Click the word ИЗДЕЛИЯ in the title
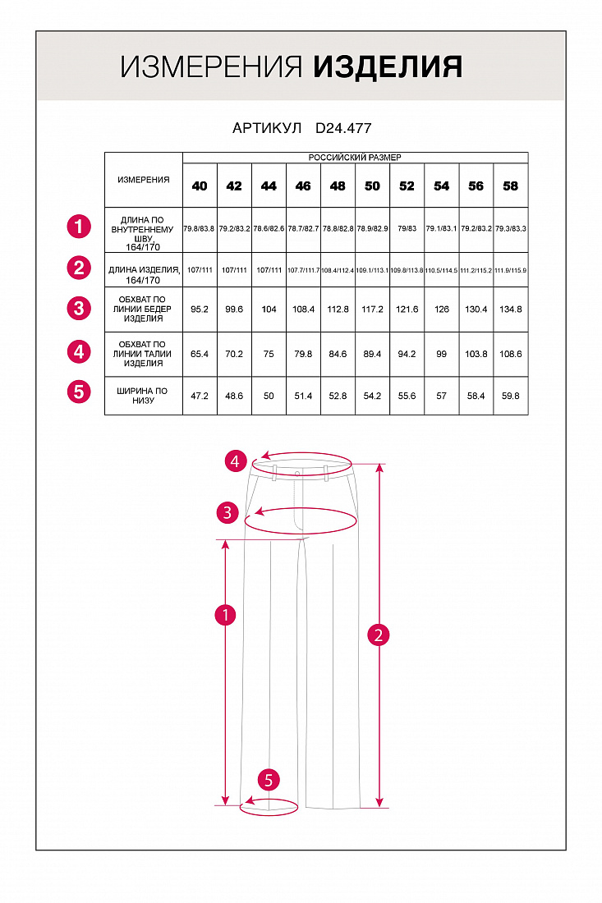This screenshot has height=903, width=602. pos(388,67)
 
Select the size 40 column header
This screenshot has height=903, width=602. pos(200,186)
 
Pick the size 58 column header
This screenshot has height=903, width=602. pos(511,186)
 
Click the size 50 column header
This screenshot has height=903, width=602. pos(372,186)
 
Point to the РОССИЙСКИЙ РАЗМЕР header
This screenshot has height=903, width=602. pos(355,157)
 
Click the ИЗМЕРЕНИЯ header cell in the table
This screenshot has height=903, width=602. pos(144,180)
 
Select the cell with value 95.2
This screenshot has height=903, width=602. pos(200,309)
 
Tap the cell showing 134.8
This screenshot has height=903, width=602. pos(511,309)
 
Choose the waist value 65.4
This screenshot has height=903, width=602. pos(200,354)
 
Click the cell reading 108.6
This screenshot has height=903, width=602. pos(511,354)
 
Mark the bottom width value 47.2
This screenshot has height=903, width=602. pos(200,396)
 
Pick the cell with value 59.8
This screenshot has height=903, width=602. pos(511,396)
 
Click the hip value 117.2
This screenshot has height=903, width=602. pos(372,309)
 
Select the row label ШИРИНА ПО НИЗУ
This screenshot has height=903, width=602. pos(144,395)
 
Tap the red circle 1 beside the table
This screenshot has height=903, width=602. pos(78,226)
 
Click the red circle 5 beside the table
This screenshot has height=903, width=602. pos(78,391)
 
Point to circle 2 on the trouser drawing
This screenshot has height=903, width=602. pos(378,635)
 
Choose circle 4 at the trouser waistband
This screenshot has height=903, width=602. pos(237,462)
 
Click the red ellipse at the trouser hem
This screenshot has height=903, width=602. pos(269,806)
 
